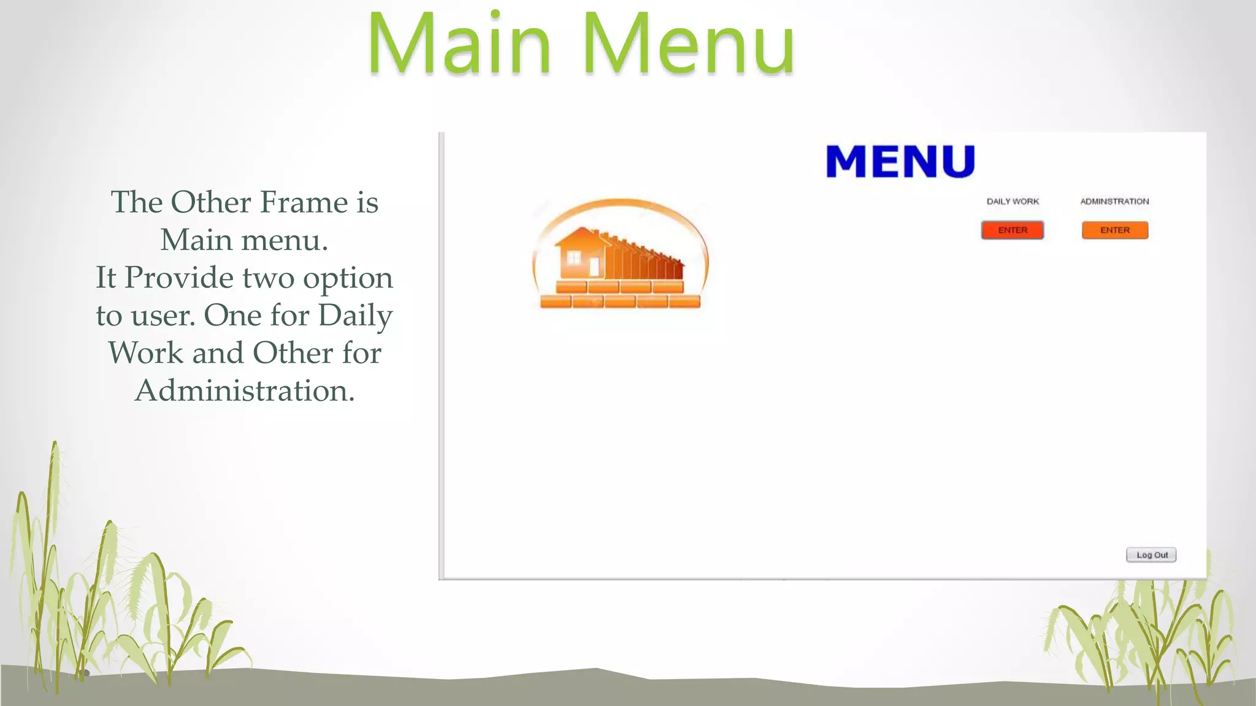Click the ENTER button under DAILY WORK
pos(1012,230)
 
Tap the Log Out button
pos(1151,555)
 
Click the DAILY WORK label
pos(1013,201)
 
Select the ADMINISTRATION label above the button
pos(1114,201)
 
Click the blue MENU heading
pos(900,162)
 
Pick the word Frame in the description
pos(304,202)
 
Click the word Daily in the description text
pos(356,316)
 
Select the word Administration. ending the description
pos(245,390)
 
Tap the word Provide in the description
pos(179,278)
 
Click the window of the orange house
pos(573,258)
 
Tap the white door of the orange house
pos(594,267)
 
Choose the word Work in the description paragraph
pos(145,353)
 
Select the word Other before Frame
pos(212,202)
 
